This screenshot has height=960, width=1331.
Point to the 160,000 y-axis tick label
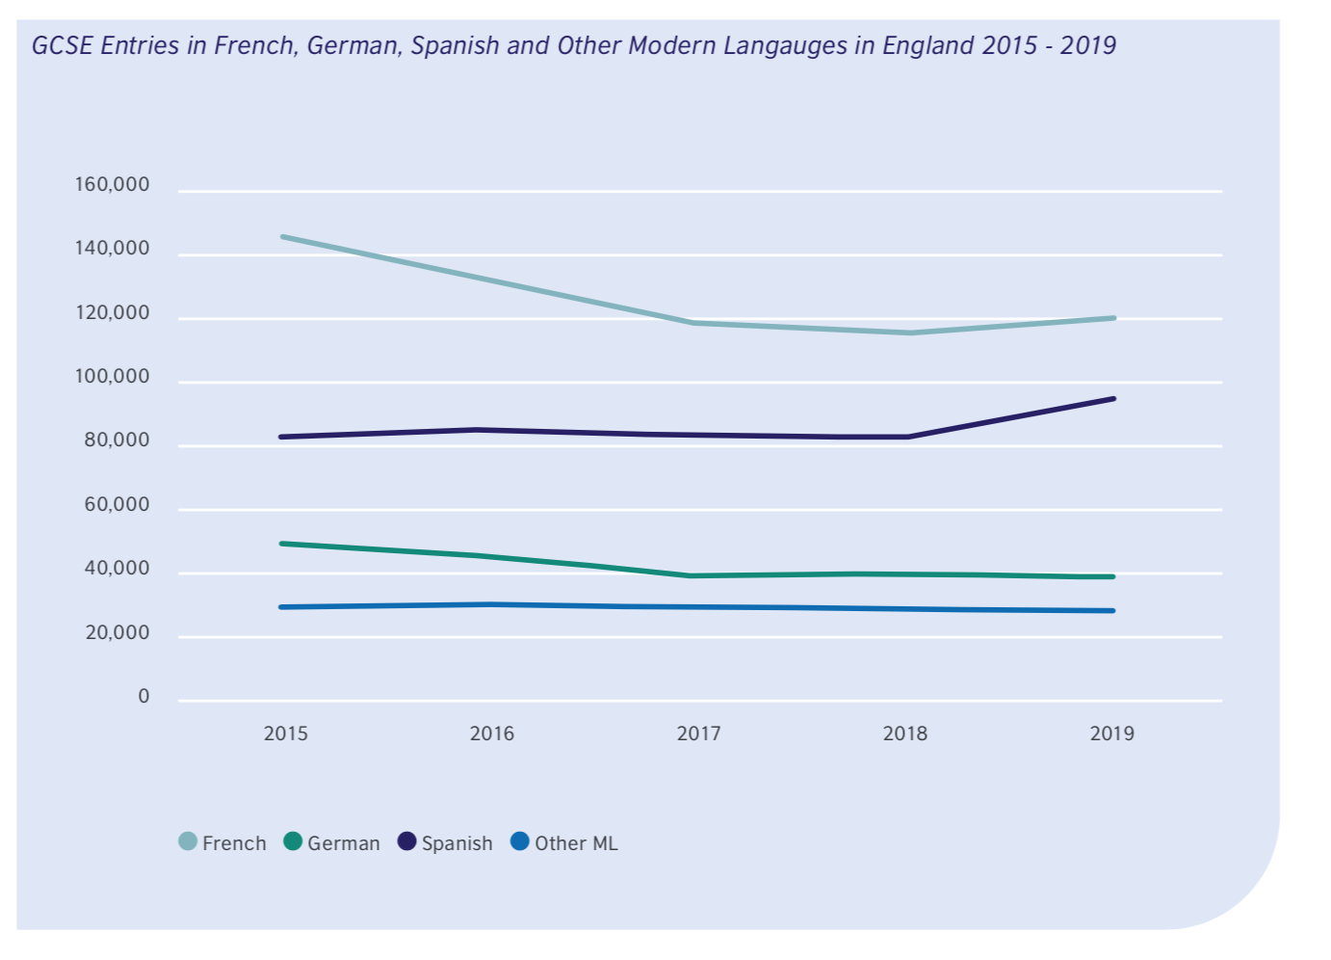coord(113,184)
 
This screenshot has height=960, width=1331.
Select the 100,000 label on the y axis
coord(113,377)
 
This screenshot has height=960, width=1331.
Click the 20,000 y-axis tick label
coord(117,633)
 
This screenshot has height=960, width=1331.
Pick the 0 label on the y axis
coord(144,697)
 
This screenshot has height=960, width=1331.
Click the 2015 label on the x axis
coord(286,733)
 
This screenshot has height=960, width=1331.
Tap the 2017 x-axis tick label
coord(698,733)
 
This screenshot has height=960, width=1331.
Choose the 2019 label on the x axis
coord(1111,733)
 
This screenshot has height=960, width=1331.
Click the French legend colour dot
coord(188,841)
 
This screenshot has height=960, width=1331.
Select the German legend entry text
coord(343,843)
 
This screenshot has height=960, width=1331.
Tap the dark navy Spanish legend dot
coord(407,841)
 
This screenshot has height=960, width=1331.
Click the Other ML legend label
coord(576,843)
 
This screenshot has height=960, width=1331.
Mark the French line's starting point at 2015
coord(281,236)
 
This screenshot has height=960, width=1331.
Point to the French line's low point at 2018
coord(907,333)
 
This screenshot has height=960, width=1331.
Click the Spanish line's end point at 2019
coord(1113,398)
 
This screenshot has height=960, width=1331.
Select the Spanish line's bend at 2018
coord(907,437)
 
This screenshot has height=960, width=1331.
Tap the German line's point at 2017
coord(692,575)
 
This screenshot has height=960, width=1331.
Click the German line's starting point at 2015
coord(281,544)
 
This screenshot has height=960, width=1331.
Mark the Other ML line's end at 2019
coord(1113,610)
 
